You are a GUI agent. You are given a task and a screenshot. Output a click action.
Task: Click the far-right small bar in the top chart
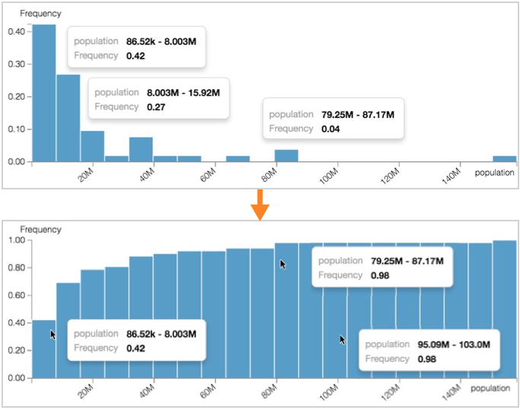[504, 159]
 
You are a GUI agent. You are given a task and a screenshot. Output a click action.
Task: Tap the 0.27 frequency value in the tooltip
[156, 107]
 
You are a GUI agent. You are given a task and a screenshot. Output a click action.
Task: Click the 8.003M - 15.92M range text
[183, 93]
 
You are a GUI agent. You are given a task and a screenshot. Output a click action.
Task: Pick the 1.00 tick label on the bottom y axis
[17, 240]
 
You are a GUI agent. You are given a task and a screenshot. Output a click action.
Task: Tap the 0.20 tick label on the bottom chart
[17, 351]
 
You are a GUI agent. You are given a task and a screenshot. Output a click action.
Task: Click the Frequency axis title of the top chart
[36, 14]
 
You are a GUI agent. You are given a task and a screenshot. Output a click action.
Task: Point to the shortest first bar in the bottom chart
[43, 349]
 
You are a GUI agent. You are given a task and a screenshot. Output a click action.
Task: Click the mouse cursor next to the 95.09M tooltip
[343, 340]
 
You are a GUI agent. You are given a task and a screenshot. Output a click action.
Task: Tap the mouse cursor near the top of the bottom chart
[283, 264]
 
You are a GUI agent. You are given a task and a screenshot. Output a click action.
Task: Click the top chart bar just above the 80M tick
[286, 155]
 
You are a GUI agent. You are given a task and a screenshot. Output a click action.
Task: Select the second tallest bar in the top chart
[68, 118]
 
